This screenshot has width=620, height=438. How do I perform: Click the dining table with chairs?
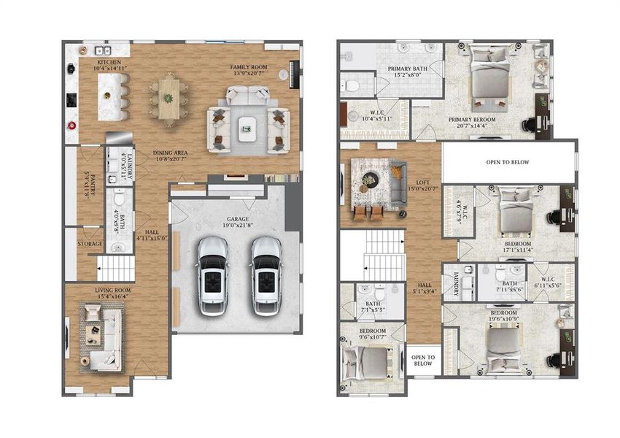pyautogui.click(x=168, y=97)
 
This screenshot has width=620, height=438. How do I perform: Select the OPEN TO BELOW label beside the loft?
pyautogui.click(x=508, y=162)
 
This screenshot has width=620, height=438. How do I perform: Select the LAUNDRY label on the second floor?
pyautogui.click(x=456, y=284)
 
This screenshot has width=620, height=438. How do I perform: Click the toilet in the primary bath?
pyautogui.click(x=352, y=86)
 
